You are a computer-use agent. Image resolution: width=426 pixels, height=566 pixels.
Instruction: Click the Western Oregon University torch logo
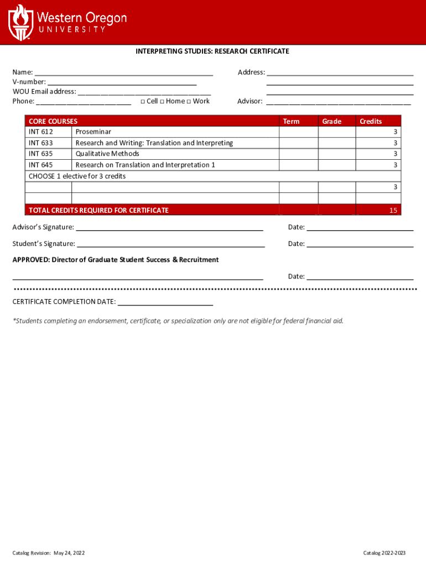pos(20,22)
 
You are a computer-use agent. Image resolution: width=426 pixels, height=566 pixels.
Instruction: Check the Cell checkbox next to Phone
pos(143,102)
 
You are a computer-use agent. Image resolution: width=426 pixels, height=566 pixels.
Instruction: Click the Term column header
pos(291,122)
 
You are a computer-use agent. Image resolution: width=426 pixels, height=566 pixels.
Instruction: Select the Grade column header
pos(332,122)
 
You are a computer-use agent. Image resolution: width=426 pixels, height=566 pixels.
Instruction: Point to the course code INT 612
pos(41,132)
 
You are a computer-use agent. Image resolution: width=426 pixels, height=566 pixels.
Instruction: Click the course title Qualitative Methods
pos(107,154)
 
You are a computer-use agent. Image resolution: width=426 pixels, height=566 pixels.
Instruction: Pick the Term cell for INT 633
pos(299,143)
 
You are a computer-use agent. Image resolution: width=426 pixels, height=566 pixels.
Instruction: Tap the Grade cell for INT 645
pos(337,165)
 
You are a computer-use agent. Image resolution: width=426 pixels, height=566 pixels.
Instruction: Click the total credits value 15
pos(393,210)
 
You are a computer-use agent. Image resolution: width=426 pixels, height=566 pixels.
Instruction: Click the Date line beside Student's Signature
pos(360,244)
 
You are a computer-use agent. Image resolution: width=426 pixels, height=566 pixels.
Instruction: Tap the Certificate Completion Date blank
pos(165,302)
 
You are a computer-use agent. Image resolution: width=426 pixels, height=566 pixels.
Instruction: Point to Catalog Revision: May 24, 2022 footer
pos(49,553)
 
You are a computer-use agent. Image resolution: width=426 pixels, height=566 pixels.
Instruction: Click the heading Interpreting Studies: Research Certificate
pos(212,51)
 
